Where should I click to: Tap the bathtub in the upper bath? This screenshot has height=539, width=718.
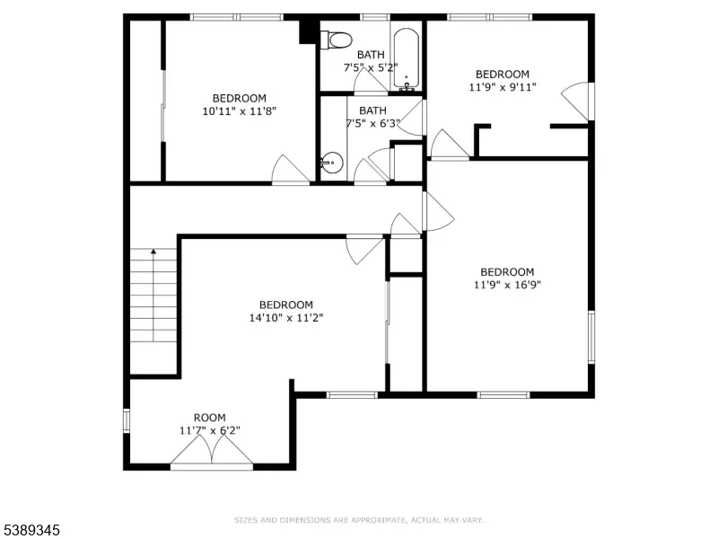click(407, 58)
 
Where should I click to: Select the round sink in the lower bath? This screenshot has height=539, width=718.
click(331, 163)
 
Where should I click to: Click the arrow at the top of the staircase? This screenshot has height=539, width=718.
click(153, 252)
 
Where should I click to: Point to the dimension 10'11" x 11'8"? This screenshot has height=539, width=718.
click(240, 110)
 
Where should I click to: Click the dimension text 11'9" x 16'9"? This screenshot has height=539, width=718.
click(507, 285)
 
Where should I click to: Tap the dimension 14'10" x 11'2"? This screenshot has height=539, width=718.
click(286, 318)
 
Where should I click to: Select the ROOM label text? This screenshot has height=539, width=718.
click(210, 418)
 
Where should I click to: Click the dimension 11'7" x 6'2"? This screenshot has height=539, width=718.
click(210, 430)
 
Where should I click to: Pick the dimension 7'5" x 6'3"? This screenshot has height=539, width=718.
click(372, 123)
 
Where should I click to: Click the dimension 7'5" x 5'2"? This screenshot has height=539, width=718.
click(371, 67)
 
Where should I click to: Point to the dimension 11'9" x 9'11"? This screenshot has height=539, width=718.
click(503, 86)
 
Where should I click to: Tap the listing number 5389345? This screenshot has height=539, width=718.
click(30, 530)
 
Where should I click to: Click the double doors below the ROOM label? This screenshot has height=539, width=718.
click(212, 452)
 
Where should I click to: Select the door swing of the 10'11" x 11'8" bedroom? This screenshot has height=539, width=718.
click(290, 170)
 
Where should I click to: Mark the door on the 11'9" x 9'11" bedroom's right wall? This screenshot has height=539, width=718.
click(578, 102)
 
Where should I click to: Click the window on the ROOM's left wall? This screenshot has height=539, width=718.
click(127, 420)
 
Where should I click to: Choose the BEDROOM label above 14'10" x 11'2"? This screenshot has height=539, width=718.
click(286, 305)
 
